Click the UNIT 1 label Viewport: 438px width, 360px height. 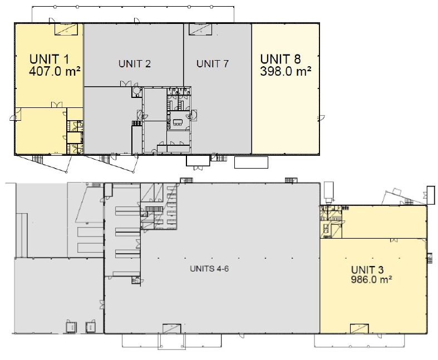(x=49, y=59)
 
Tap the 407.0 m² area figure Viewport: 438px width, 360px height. (x=55, y=71)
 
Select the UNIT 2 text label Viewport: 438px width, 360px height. (x=135, y=63)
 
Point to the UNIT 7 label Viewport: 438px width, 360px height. (x=212, y=63)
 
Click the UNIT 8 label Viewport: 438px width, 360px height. (x=280, y=59)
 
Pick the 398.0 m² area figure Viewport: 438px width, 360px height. (x=286, y=71)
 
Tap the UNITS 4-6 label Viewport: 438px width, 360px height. (x=209, y=269)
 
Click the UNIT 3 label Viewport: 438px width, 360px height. (x=367, y=270)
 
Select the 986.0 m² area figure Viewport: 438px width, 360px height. (x=371, y=279)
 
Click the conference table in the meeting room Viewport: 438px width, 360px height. (x=178, y=122)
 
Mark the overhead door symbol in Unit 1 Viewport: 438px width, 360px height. (x=66, y=29)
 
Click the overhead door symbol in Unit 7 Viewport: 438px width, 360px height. (x=200, y=29)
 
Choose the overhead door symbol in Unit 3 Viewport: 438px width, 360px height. (x=360, y=328)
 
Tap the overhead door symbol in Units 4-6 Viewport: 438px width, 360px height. (x=172, y=328)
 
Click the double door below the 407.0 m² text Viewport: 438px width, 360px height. (x=57, y=105)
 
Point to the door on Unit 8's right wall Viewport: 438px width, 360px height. (x=321, y=118)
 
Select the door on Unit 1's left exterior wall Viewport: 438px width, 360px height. (x=14, y=117)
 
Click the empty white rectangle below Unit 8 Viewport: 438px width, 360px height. (x=251, y=162)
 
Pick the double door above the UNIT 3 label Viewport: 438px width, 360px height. (x=394, y=240)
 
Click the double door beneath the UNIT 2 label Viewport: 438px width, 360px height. (x=126, y=83)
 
